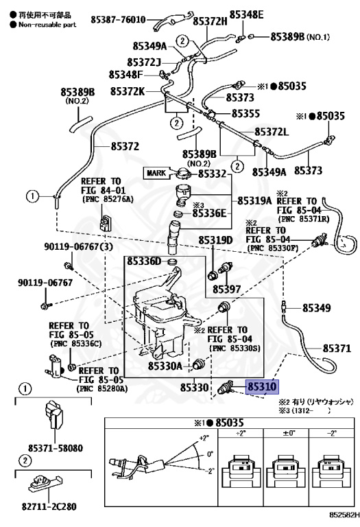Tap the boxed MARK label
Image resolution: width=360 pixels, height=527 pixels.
pos(156,173)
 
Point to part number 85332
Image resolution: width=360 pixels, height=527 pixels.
pos(213,174)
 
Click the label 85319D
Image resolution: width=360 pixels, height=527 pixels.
pos(216,240)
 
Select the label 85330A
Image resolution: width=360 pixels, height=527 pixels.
pos(165,366)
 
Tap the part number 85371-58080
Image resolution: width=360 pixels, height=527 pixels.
pos(54,448)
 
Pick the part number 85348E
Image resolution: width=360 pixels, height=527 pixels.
pos(246,14)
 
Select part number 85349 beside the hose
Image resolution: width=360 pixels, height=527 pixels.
pos(317,309)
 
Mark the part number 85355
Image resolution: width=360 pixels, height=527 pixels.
pos(245,113)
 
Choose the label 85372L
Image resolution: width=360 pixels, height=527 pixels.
pos(272,131)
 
